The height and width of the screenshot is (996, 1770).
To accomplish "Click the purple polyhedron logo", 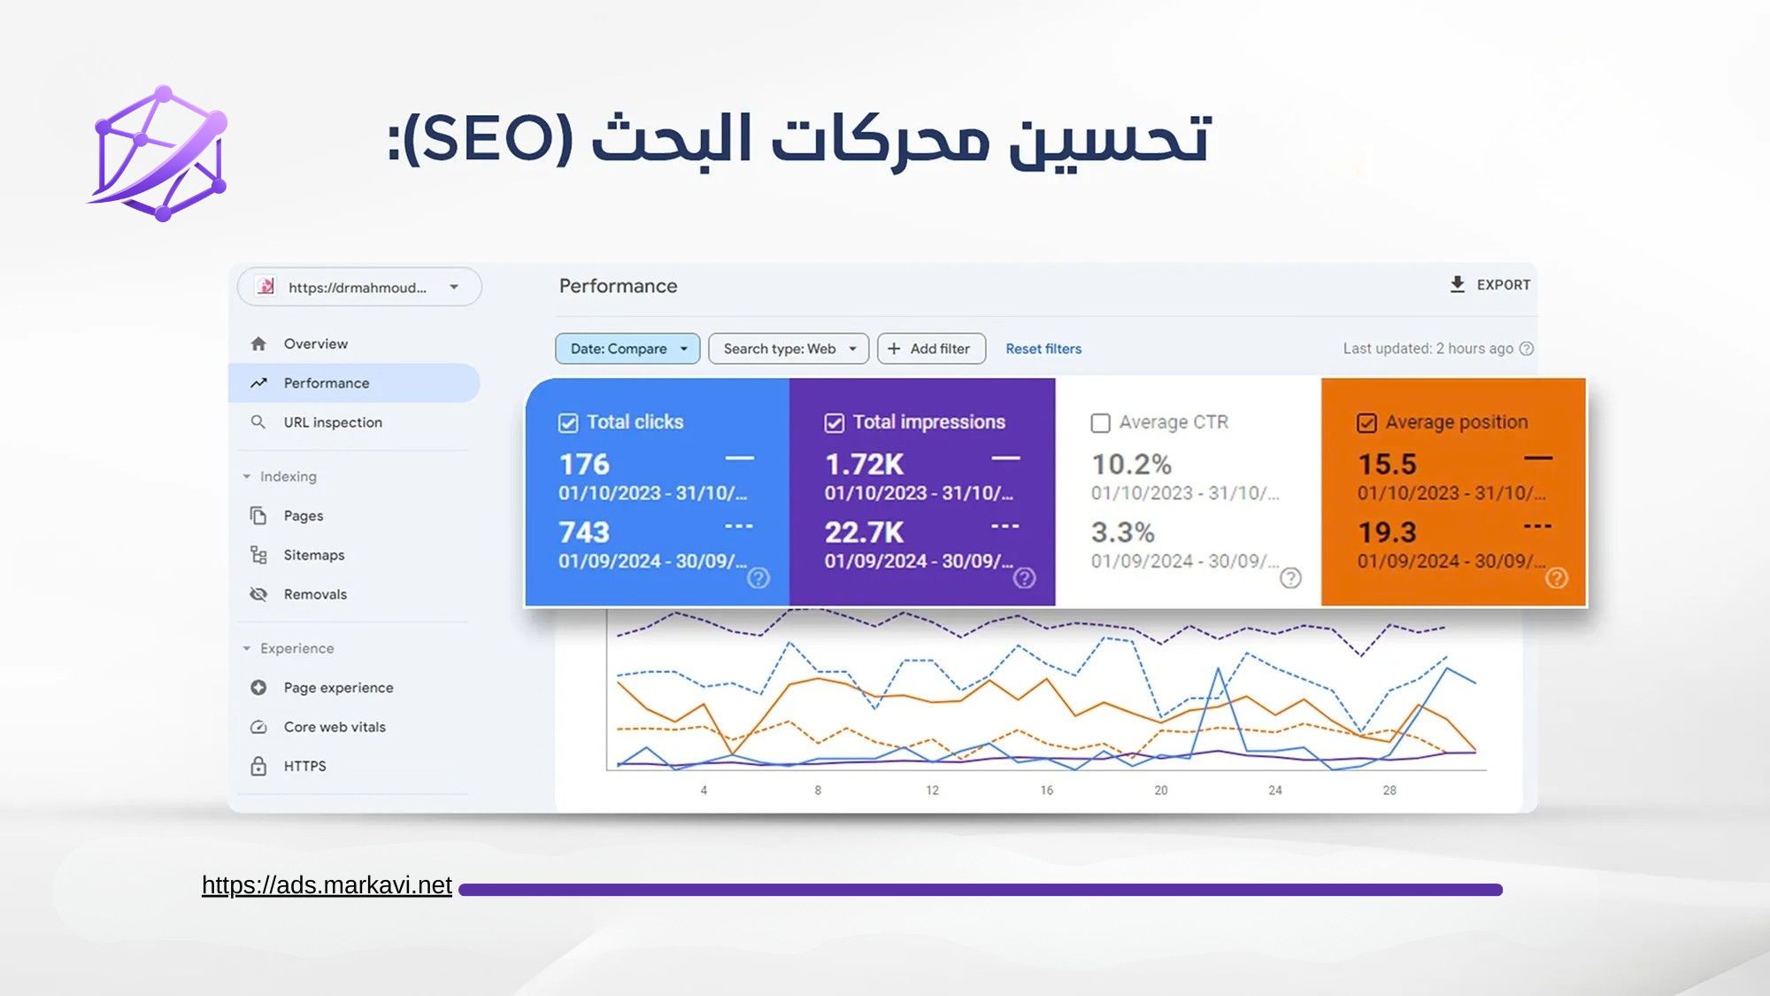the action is coord(159,153).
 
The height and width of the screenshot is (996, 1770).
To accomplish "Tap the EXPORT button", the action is coord(1489,285).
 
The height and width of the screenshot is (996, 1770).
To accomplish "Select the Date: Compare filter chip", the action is coord(627,349).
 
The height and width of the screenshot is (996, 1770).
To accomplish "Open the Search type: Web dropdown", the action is coord(789,349).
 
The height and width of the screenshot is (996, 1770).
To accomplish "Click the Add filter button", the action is coord(929,349).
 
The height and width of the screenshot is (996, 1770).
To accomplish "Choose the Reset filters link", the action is coord(1043,349).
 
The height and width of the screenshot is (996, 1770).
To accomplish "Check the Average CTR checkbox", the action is coord(1100,423).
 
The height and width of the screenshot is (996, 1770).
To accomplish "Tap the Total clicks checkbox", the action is coord(568,423).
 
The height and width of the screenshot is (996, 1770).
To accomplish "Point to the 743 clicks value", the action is coord(584,532).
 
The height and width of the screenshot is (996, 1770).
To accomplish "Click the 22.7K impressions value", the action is coord(865,532).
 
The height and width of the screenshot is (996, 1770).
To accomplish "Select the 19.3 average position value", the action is coord(1388,532).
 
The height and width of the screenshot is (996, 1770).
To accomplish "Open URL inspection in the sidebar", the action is coord(333,422).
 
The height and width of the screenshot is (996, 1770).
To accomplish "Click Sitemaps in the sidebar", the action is coord(314,555).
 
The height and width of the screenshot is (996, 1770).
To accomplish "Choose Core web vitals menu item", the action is coord(335,727).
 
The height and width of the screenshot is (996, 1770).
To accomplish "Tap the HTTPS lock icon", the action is coord(258,766).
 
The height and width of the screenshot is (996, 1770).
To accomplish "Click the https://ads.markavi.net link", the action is coord(327,885).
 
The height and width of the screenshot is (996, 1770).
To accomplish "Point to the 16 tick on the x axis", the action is coord(1047,790).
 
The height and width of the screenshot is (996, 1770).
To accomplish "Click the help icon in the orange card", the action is coord(1557,578).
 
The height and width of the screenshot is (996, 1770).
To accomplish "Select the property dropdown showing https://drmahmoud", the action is coord(359,287).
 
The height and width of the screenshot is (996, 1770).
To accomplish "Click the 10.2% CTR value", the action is coord(1131,464).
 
